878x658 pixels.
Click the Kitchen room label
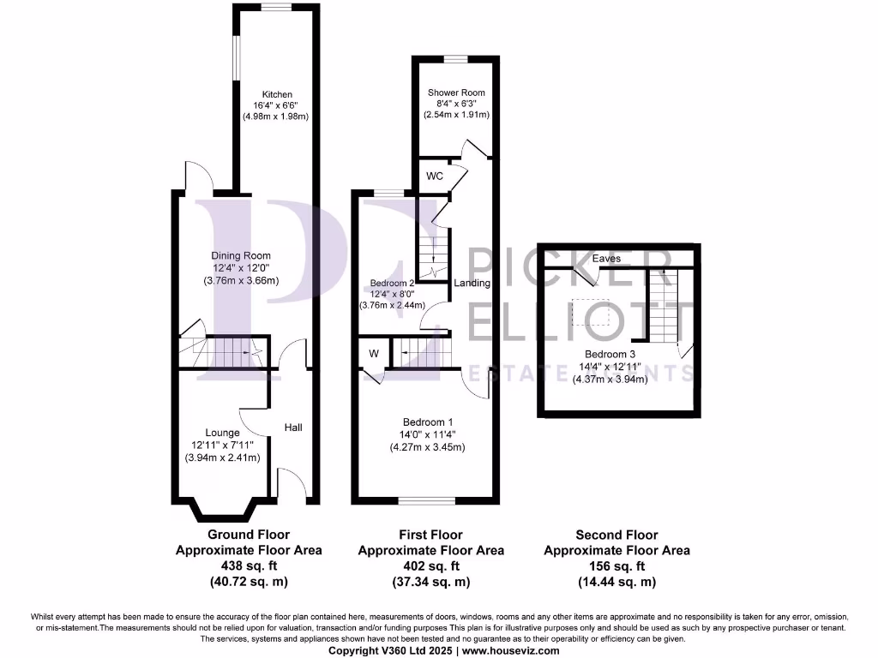[x=277, y=94]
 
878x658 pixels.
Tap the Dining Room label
[x=241, y=255]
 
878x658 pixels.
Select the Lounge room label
[x=223, y=433]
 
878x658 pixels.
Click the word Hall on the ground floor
[x=293, y=427]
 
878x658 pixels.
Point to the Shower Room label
[x=456, y=93]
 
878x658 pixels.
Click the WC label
[x=434, y=176]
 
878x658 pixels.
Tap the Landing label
[x=472, y=283]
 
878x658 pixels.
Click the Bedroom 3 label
[x=610, y=354]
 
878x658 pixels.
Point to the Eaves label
[x=606, y=258]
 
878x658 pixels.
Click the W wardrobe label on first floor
[x=374, y=352]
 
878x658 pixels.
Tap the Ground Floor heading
[x=249, y=535]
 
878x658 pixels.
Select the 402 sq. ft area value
[x=430, y=566]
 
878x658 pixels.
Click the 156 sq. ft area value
[x=616, y=566]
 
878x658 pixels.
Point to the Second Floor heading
[x=616, y=535]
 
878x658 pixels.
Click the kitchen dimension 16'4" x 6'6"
[x=277, y=105]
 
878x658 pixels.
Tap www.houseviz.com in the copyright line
[x=513, y=650]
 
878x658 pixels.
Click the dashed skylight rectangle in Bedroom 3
[x=596, y=312]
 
